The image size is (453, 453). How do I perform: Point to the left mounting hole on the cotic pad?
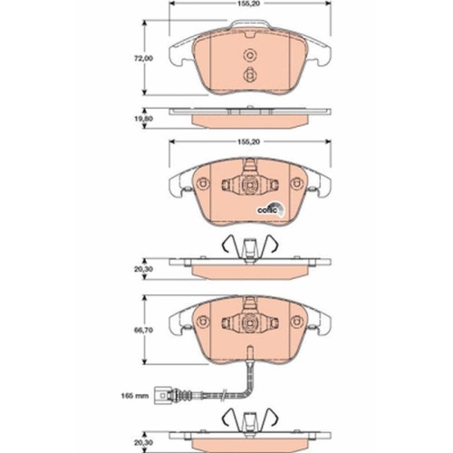tap(202, 186)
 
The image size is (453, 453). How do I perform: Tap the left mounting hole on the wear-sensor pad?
tap(202, 320)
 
